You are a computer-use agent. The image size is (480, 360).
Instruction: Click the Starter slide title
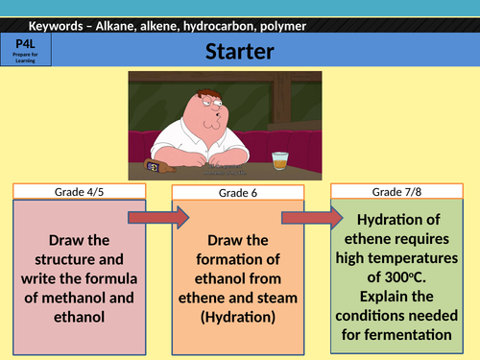(240, 50)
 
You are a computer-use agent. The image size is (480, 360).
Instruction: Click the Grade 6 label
(236, 194)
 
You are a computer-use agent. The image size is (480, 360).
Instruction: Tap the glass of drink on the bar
(279, 158)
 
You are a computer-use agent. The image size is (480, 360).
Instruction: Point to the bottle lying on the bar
(154, 164)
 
